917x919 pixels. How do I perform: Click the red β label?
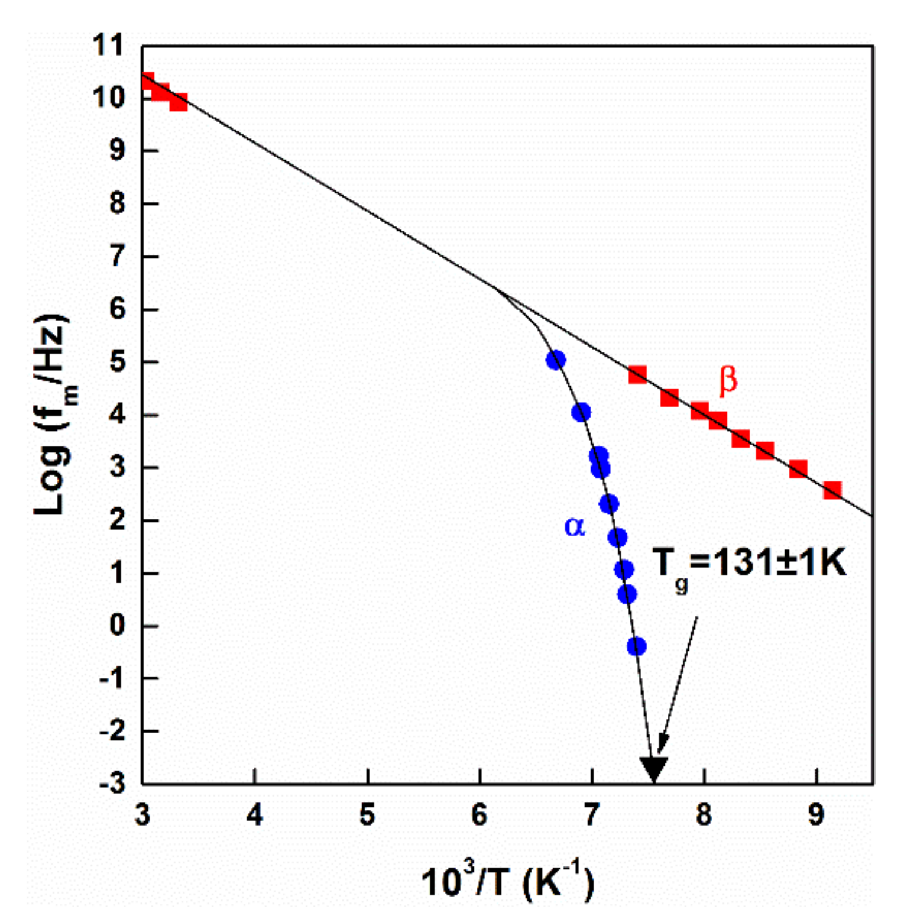pos(728,380)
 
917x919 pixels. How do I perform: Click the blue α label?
pos(575,526)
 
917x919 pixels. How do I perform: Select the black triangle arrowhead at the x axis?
pos(653,769)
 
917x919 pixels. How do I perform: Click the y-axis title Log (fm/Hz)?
pos(52,415)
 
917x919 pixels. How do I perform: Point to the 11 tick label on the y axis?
pos(109,46)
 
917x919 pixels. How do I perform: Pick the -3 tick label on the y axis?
pos(113,784)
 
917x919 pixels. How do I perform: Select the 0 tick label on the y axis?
pos(118,625)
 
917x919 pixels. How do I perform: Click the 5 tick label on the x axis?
pos(367,815)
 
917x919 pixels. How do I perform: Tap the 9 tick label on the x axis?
pos(816,815)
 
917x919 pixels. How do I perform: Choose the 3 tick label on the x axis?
pos(142,815)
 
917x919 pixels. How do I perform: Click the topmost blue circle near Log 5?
pos(556,360)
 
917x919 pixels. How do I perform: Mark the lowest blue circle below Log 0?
pos(636,646)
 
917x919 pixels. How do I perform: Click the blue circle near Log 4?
pos(581,412)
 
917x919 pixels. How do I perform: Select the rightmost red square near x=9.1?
pos(832,490)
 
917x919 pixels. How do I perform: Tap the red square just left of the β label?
pos(669,397)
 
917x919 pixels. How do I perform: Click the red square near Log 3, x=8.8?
pos(798,470)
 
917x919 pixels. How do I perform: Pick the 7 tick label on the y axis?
pos(118,256)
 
